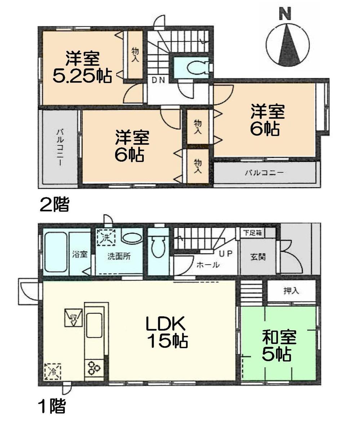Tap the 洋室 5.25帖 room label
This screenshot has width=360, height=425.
point(82,67)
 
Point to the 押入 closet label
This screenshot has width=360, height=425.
point(291,291)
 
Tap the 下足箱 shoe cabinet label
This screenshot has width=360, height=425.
point(252,233)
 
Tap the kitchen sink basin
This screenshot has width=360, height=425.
point(94,325)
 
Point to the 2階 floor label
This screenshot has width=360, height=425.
point(54,205)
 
